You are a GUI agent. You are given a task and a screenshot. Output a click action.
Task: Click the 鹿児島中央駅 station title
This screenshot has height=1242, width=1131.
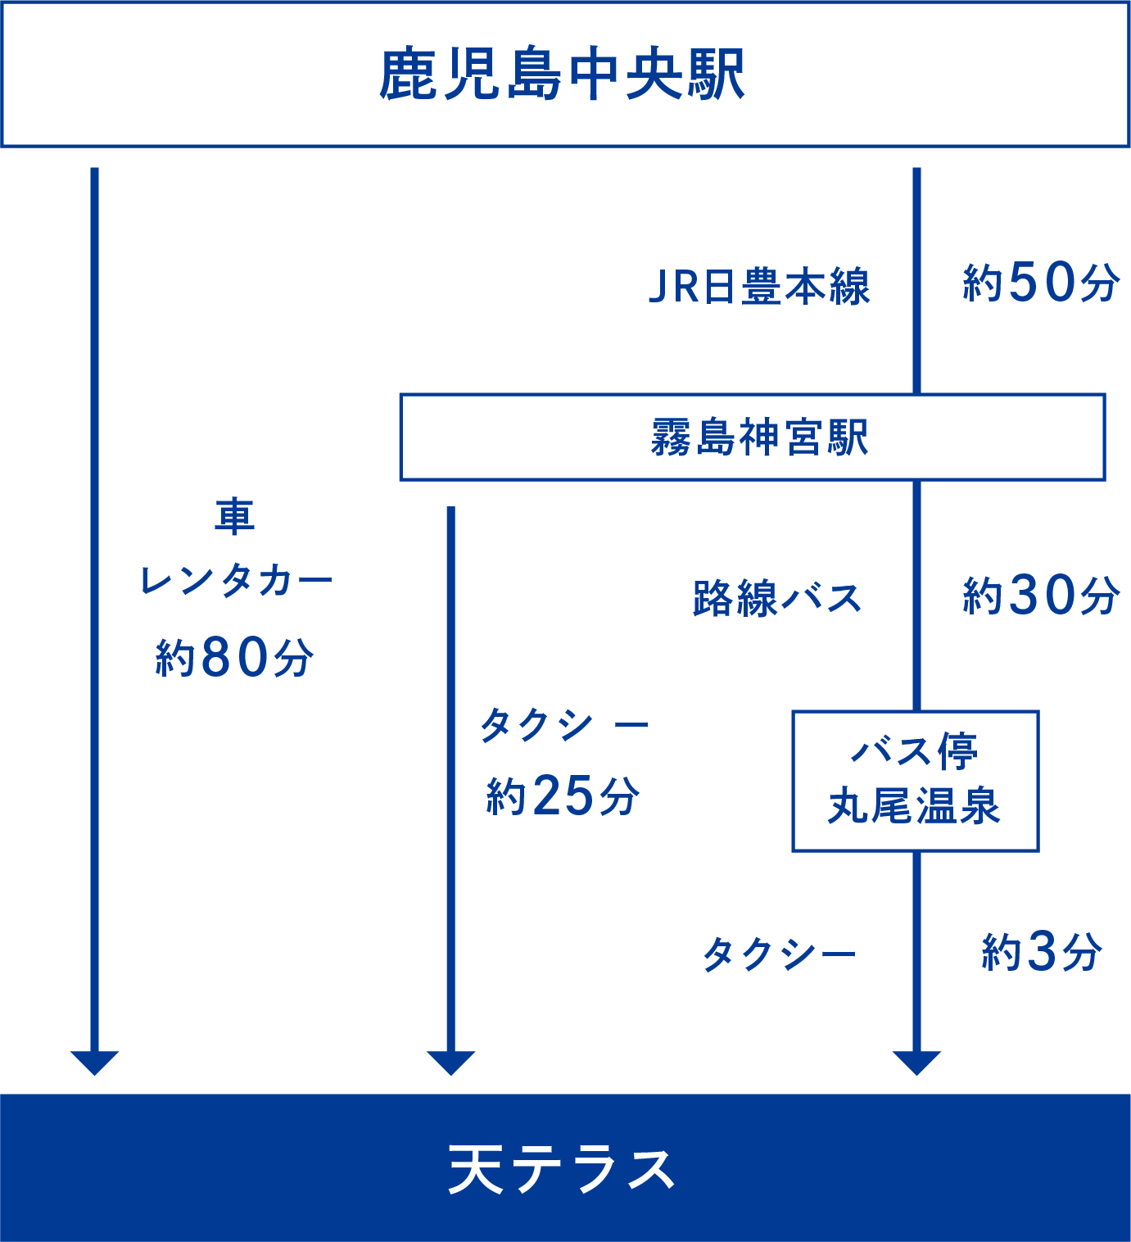pyautogui.click(x=562, y=75)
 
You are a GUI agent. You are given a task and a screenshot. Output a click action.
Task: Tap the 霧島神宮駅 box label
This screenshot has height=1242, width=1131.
pyautogui.click(x=759, y=437)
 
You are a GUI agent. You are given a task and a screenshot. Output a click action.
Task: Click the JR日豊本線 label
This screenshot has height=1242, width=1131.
pyautogui.click(x=759, y=287)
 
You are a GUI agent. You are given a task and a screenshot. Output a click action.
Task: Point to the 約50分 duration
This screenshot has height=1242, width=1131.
pyautogui.click(x=1040, y=283)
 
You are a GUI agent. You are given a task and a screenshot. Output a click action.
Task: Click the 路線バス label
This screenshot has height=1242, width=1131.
pyautogui.click(x=776, y=598)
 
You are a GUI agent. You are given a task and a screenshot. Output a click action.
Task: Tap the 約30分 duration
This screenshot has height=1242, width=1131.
pyautogui.click(x=1040, y=596)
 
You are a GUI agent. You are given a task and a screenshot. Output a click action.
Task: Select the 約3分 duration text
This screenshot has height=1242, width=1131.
pyautogui.click(x=1042, y=952)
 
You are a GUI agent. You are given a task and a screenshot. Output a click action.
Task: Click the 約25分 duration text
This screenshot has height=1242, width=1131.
pyautogui.click(x=563, y=796)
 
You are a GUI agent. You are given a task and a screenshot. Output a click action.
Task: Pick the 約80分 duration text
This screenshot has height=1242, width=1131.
pyautogui.click(x=234, y=657)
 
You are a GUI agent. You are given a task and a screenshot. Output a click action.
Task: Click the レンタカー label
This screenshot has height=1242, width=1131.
pyautogui.click(x=236, y=582)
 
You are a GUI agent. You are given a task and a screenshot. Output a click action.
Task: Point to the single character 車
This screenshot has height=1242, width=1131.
pyautogui.click(x=235, y=517)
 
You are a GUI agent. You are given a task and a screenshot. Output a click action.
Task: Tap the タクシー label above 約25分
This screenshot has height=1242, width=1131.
pyautogui.click(x=563, y=726)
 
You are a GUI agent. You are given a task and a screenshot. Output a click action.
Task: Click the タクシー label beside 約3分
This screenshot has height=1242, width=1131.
pyautogui.click(x=779, y=954)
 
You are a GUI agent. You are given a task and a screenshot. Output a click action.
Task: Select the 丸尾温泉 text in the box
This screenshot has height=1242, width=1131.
pyautogui.click(x=914, y=806)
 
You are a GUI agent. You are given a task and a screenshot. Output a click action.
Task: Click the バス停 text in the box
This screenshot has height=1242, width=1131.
pyautogui.click(x=914, y=751)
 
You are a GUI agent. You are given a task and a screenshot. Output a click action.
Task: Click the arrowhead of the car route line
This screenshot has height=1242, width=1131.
pyautogui.click(x=94, y=1062)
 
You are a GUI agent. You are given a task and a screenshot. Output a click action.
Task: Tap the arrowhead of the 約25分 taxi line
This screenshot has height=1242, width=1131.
pyautogui.click(x=450, y=1062)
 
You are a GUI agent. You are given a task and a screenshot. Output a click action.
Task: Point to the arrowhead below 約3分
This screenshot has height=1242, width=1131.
pyautogui.click(x=916, y=1062)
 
